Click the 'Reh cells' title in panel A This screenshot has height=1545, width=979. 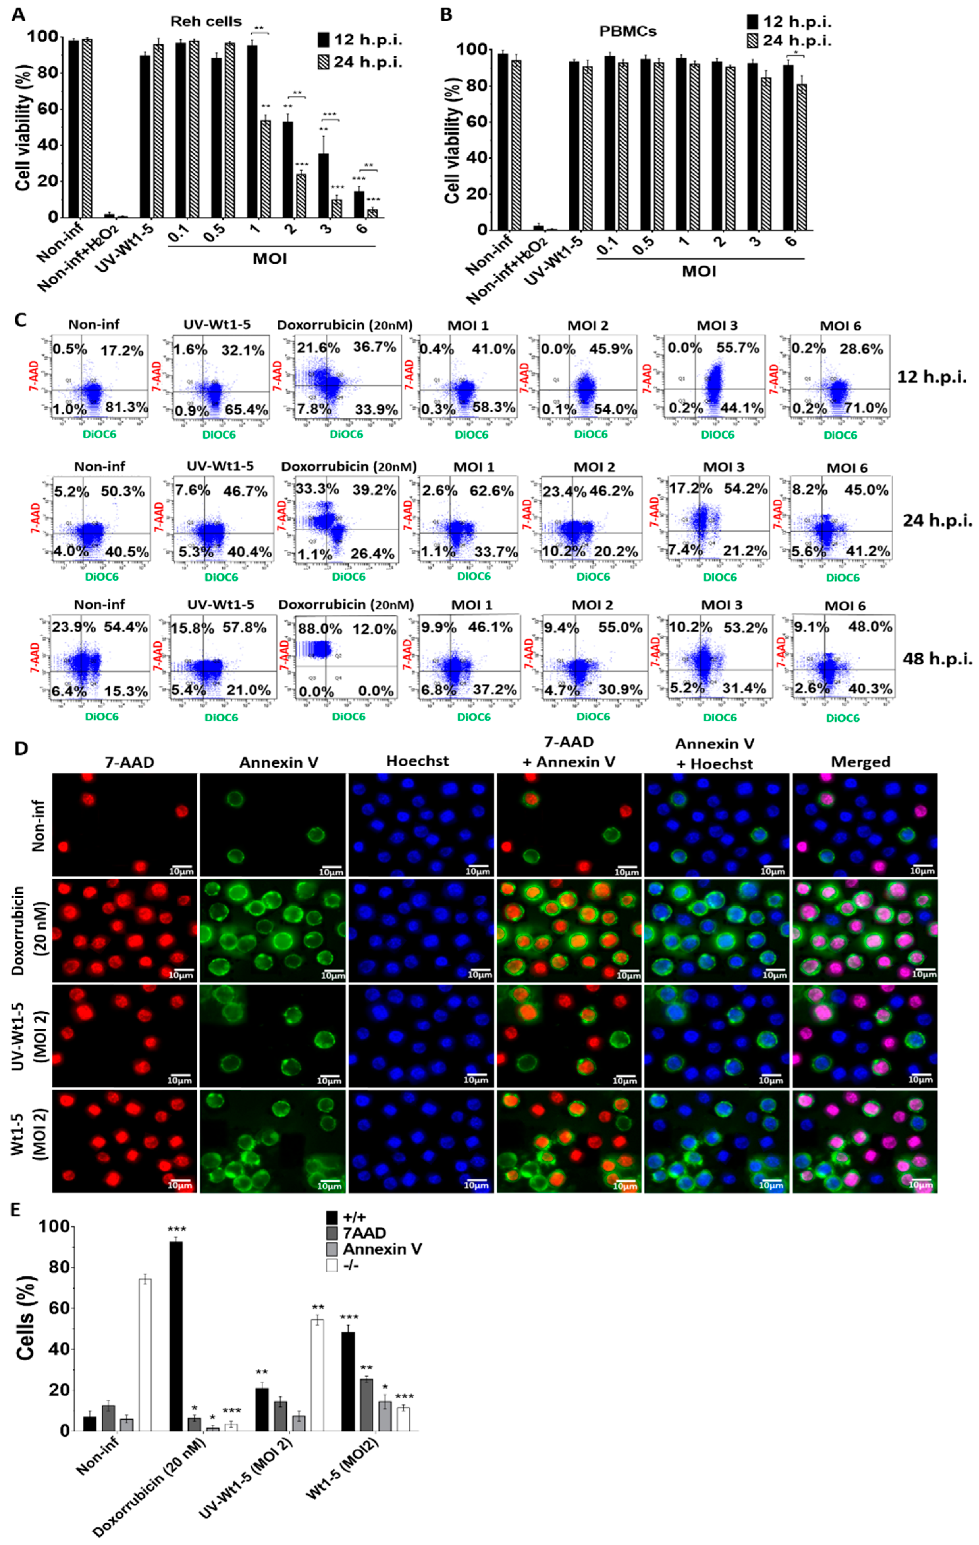pyautogui.click(x=205, y=21)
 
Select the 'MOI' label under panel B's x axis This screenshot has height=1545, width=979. pyautogui.click(x=699, y=271)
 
